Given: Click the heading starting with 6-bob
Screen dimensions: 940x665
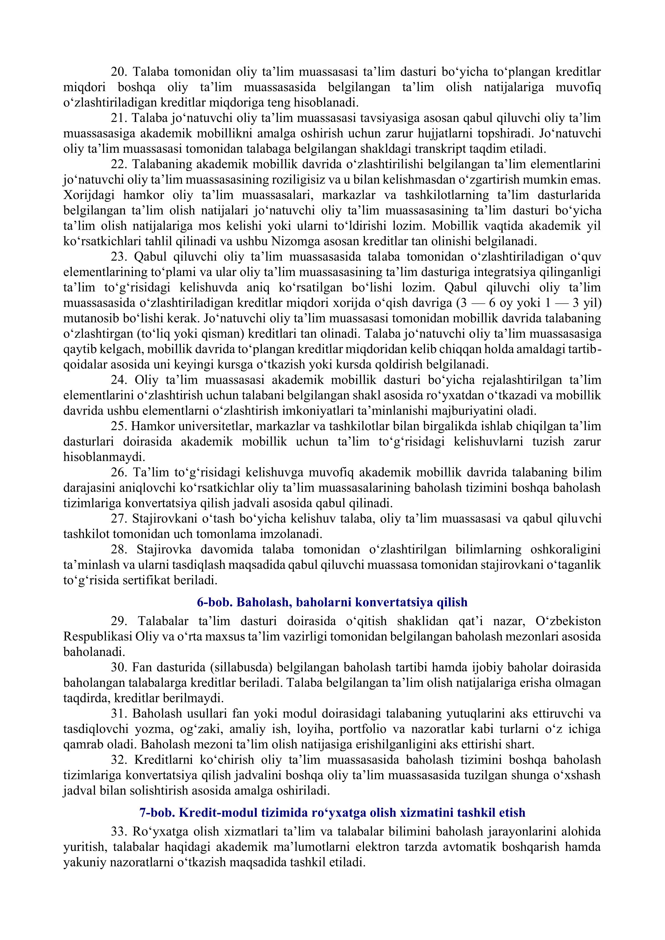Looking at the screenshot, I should coord(332,603).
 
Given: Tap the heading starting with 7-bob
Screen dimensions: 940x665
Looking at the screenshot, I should coord(332,813).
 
